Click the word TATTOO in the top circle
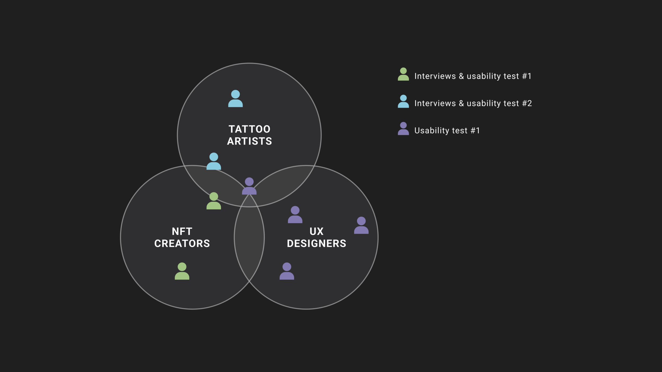[x=249, y=129]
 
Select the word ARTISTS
[x=249, y=141]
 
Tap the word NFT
[x=182, y=232]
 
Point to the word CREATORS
[x=182, y=243]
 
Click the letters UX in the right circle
[x=316, y=232]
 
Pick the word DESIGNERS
[x=316, y=243]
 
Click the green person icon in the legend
[x=403, y=74]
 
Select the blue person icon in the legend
[x=403, y=102]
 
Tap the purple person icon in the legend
[x=403, y=129]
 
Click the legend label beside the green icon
[x=473, y=76]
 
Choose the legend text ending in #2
[x=473, y=103]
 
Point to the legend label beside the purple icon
[x=447, y=131]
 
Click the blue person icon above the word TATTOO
[x=235, y=99]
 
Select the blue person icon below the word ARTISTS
[x=214, y=161]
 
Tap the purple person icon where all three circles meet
[x=249, y=186]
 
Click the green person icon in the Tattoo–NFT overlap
[x=214, y=201]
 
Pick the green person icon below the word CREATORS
[x=182, y=271]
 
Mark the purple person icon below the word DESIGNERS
[x=287, y=271]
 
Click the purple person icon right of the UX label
[x=361, y=225]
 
